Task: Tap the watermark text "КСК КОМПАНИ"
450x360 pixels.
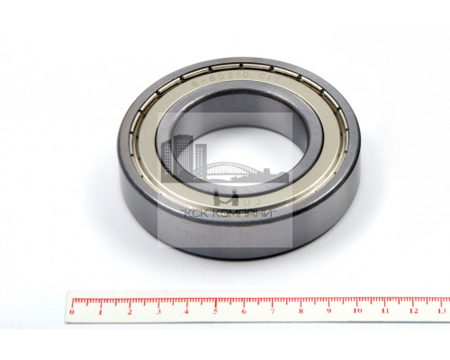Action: [228, 212]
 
